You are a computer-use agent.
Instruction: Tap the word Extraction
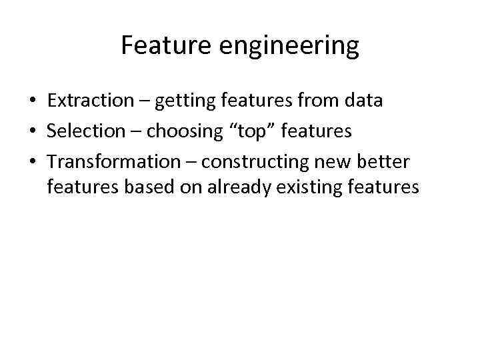91,101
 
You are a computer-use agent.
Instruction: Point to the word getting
187,102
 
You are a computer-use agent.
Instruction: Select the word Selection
86,131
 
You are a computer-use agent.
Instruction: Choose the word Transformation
114,161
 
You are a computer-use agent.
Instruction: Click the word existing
311,188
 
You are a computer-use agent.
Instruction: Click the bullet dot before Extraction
31,102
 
